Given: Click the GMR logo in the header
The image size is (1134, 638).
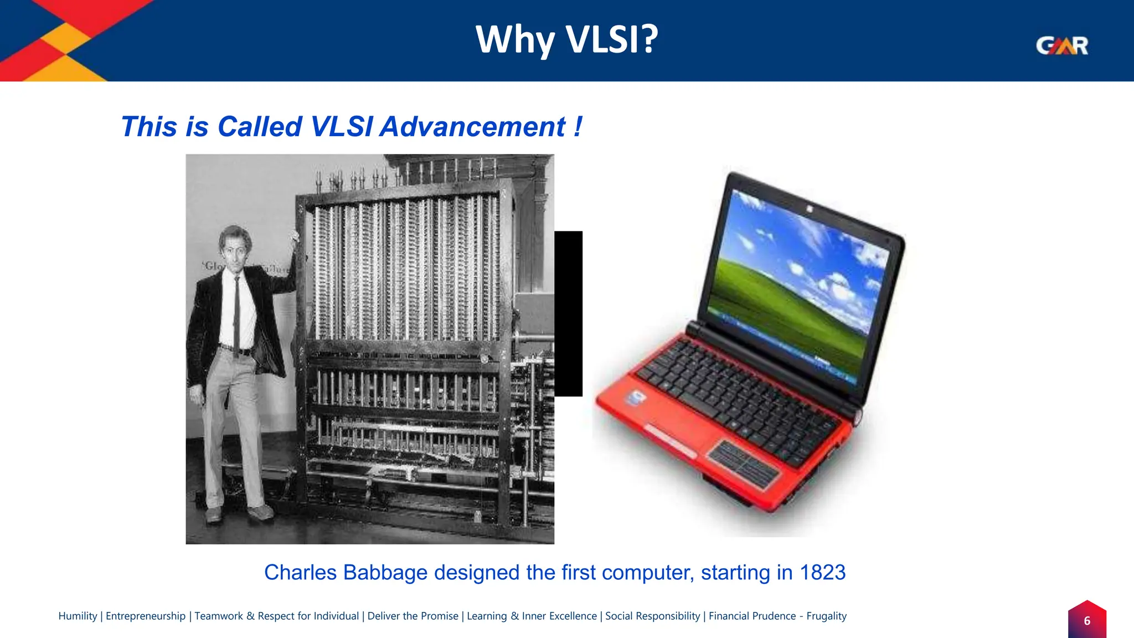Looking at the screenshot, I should [1061, 45].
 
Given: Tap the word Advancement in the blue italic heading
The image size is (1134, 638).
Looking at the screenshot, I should [473, 127].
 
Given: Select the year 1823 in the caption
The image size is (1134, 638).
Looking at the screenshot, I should [822, 573].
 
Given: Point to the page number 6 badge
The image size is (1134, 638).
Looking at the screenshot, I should [1086, 621].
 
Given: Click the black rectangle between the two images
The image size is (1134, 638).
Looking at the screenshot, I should [568, 313].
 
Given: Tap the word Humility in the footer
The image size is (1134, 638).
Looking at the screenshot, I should [78, 616].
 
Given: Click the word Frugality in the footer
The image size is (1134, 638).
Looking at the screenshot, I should [826, 616].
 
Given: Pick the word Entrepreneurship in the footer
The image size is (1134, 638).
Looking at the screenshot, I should [146, 616].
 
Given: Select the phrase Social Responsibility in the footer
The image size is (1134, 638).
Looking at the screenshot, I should [652, 616].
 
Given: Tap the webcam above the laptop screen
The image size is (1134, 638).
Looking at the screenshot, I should [809, 209].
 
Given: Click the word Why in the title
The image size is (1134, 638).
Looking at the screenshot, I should [514, 39].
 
